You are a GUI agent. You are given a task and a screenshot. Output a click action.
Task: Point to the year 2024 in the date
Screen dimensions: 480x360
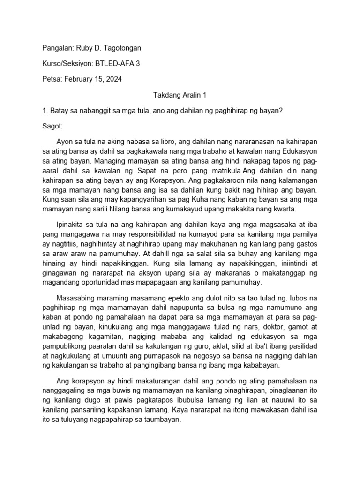114,79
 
